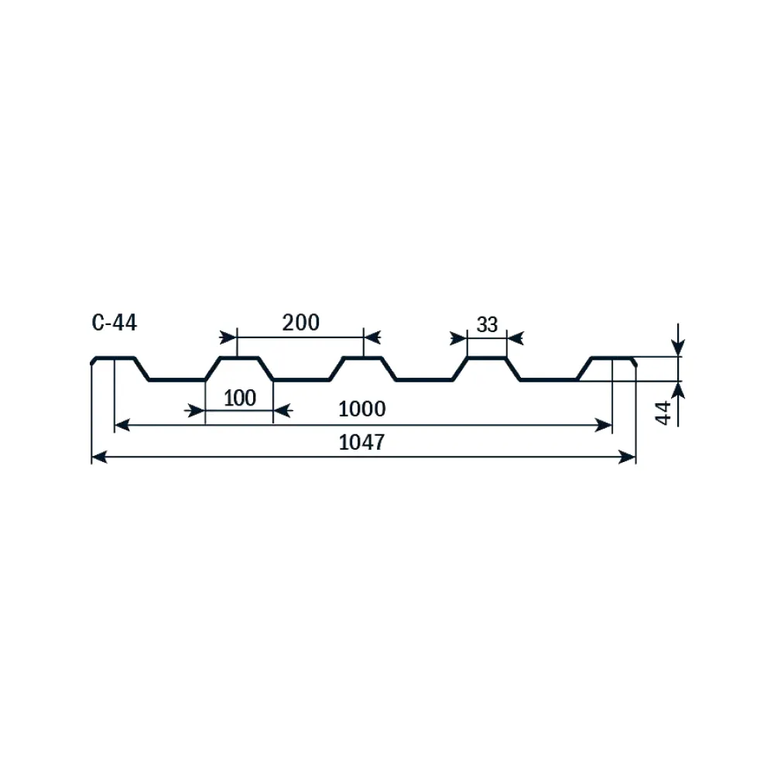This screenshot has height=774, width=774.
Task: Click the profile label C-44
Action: point(114,323)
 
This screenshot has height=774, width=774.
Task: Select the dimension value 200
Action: point(300,323)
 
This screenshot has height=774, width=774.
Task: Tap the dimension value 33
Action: point(487,325)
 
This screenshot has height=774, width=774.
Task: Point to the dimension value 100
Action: point(240,398)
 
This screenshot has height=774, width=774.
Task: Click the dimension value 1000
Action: point(361,409)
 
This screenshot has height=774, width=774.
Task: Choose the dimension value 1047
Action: point(361,442)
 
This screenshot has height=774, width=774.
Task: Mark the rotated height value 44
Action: point(664,413)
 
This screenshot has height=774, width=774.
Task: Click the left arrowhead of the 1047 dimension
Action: point(99,457)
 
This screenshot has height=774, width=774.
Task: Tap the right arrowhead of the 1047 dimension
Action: point(628,457)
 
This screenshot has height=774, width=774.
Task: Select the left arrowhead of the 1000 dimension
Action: point(122,424)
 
